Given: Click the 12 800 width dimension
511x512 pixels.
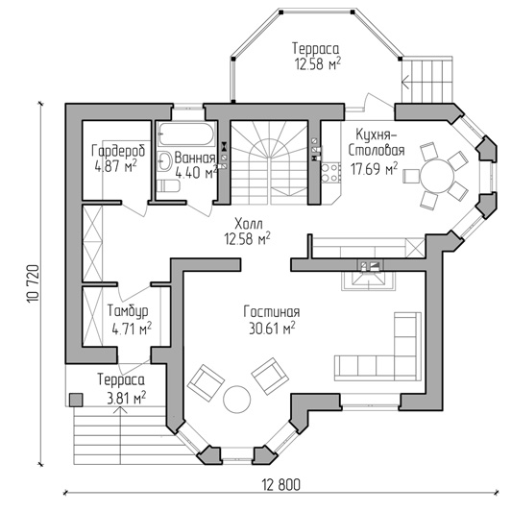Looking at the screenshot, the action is (x=281, y=485).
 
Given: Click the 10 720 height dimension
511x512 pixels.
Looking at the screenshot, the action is (x=34, y=283).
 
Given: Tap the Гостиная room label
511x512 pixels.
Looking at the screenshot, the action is (x=272, y=312).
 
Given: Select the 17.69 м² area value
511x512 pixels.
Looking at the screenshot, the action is (x=375, y=169).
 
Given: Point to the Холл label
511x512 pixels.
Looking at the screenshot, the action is (x=249, y=224).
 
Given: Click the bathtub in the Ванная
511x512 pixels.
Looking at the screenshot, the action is (x=186, y=134).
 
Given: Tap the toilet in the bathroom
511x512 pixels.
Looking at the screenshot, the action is (x=168, y=185).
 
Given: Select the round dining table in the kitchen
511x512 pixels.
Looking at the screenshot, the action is (x=437, y=176).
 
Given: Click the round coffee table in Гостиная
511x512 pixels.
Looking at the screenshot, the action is (x=237, y=400).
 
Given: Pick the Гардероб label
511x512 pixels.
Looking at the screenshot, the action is (x=118, y=151).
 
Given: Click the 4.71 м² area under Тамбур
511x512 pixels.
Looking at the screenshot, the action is (x=132, y=329).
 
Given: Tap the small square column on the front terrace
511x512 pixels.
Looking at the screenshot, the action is (x=76, y=400).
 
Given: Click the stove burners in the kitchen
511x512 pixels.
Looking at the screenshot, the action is (x=329, y=173).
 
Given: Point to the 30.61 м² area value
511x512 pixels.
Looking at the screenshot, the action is (x=272, y=329).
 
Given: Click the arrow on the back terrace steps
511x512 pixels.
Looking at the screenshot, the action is (x=405, y=81).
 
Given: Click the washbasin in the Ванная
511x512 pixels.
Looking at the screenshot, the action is (x=164, y=161).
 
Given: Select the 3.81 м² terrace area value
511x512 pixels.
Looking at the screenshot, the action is (x=127, y=398).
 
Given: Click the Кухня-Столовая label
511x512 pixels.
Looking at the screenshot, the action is (x=377, y=142).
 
